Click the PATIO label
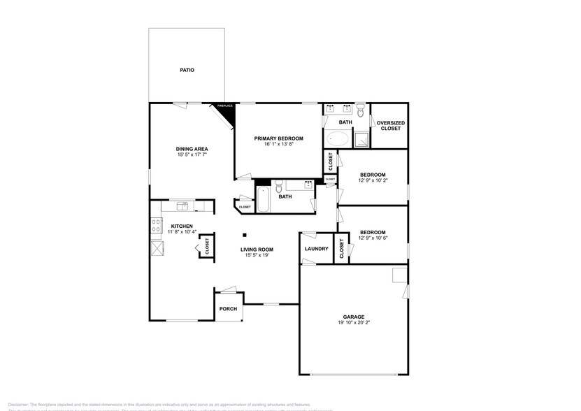(187, 70)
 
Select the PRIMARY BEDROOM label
(278, 138)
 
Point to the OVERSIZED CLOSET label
(390, 125)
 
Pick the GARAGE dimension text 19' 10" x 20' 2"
(353, 323)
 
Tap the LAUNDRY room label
(317, 249)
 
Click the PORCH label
(228, 309)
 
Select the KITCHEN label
(182, 226)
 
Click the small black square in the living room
(245, 235)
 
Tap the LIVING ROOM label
(257, 250)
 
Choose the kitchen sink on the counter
(182, 206)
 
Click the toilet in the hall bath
(279, 186)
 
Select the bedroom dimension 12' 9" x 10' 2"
(372, 180)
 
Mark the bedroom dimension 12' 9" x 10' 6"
(372, 238)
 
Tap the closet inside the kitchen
(207, 246)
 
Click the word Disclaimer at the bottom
(16, 404)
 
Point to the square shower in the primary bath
(361, 138)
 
